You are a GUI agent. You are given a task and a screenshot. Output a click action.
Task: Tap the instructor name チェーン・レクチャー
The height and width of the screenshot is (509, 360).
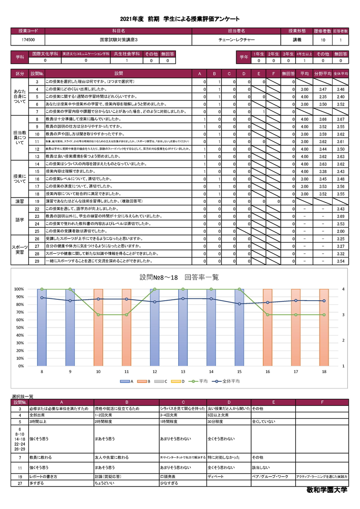click(x=236, y=40)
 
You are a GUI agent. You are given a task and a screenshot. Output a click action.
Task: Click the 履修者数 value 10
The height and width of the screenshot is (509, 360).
click(x=323, y=40)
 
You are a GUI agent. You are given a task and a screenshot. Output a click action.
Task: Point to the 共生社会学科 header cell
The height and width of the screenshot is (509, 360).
click(x=127, y=54)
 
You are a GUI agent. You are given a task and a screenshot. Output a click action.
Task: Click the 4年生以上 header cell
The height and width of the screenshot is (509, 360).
click(x=304, y=54)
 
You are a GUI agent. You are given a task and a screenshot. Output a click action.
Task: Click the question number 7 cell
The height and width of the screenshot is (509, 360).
click(x=37, y=111)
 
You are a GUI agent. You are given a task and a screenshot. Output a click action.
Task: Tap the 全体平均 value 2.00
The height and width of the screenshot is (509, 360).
click(x=341, y=231)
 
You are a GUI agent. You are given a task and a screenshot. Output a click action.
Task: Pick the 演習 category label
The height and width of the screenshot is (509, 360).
click(x=20, y=201)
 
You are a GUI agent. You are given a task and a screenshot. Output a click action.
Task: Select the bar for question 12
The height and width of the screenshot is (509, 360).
click(x=155, y=327)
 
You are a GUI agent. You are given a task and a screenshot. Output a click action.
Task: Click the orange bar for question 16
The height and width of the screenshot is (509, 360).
click(x=268, y=327)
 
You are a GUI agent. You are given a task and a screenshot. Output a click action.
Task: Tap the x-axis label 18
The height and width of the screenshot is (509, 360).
click(x=324, y=371)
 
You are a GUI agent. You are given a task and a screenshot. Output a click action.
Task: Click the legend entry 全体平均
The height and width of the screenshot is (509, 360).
click(x=228, y=381)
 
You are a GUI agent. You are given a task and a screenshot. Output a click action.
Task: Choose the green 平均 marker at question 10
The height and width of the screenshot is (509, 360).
click(x=99, y=315)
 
